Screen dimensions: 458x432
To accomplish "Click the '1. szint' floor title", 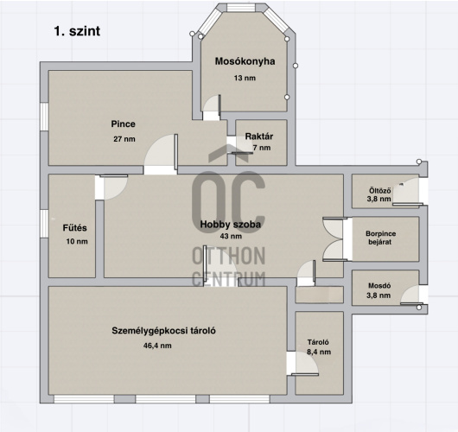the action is click(77, 31).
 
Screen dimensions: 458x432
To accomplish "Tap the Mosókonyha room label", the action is click(245, 61).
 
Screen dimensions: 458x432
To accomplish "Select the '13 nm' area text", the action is click(245, 78).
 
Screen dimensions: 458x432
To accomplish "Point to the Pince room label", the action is click(123, 124).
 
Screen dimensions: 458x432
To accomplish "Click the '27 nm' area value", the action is click(124, 139).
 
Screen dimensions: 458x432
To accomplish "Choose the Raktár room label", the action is click(259, 137).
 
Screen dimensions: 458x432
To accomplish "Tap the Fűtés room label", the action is click(75, 227).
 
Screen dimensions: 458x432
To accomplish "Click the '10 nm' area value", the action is click(77, 241).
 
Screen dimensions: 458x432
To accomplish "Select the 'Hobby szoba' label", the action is click(231, 225).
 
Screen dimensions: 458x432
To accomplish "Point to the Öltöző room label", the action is click(379, 191).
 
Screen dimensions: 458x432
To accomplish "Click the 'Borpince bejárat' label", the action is click(380, 238).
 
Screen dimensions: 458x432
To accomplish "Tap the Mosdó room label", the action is click(379, 286).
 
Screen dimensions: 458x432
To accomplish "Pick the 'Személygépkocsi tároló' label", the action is click(163, 331).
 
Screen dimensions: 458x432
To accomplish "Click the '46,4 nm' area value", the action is click(157, 346).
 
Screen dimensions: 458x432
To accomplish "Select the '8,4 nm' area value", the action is click(319, 352).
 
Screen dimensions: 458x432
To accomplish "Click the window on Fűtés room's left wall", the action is click(44, 224).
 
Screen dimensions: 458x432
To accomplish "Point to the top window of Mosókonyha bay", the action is click(241, 8).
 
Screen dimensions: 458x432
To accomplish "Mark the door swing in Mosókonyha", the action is click(212, 105).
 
